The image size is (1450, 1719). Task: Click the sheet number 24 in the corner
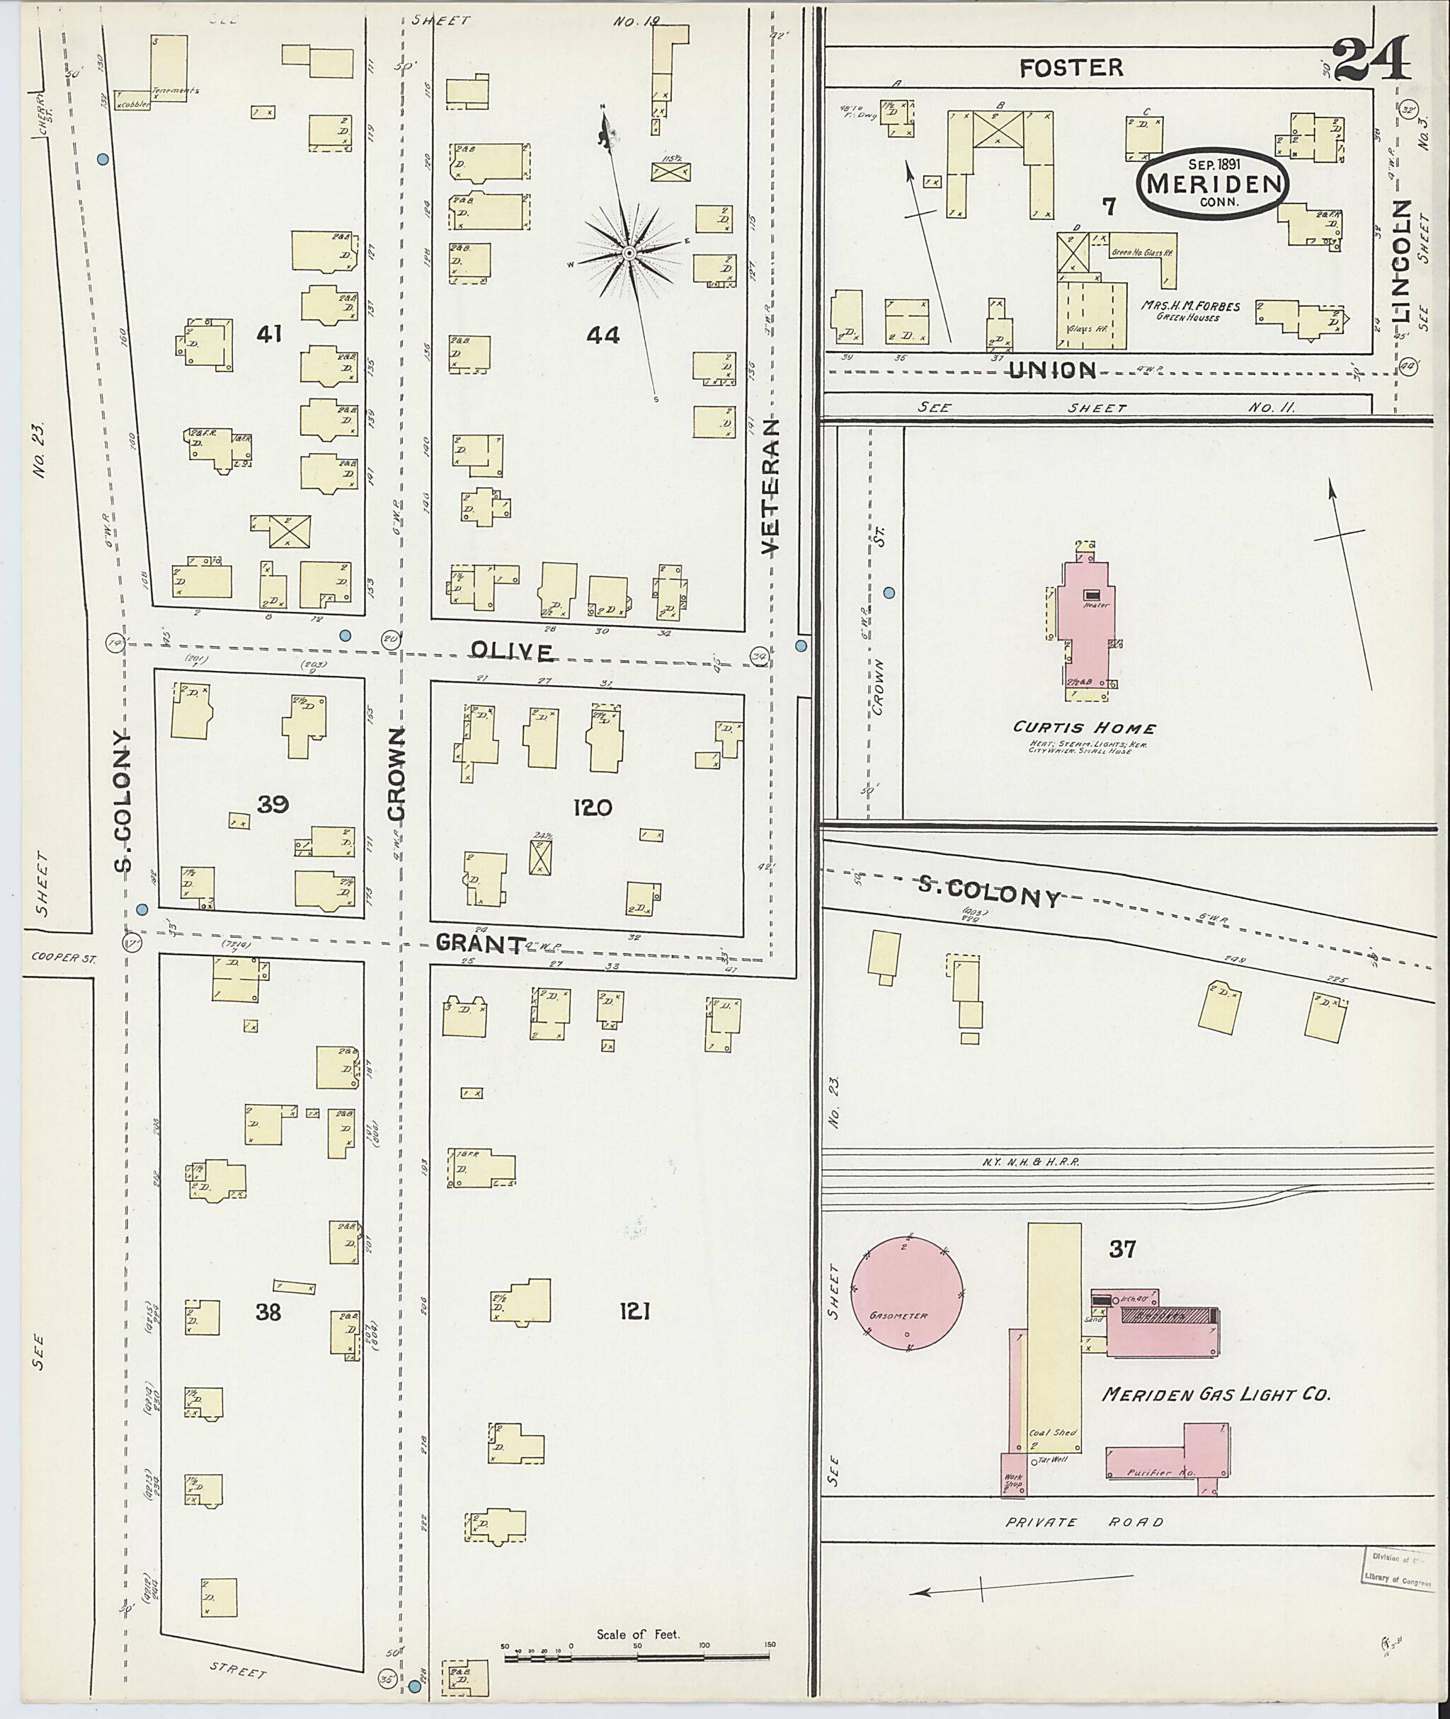click(x=1369, y=59)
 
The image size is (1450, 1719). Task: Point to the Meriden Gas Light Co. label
click(x=1216, y=1394)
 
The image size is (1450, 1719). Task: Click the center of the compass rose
click(x=628, y=253)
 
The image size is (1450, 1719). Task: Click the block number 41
click(x=270, y=333)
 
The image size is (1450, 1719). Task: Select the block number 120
click(x=593, y=807)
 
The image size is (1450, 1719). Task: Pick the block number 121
click(x=634, y=1313)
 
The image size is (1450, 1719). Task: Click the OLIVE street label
click(x=510, y=652)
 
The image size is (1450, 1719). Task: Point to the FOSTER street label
click(x=1071, y=67)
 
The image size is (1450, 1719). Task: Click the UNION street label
click(x=1052, y=371)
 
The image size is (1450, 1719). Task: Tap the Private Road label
click(x=1085, y=1522)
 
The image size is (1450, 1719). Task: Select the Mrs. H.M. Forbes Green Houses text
click(x=1189, y=311)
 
